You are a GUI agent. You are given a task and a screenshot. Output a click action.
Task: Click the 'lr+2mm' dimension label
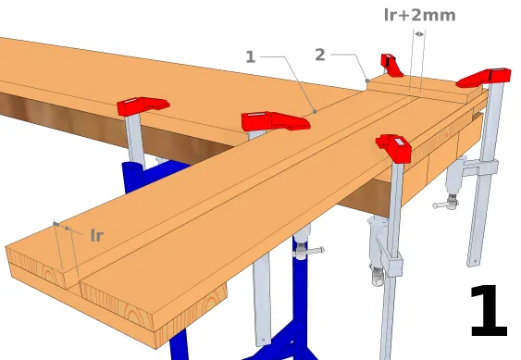pos(419,16)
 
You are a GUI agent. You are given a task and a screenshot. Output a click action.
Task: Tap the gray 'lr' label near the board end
pos(97,235)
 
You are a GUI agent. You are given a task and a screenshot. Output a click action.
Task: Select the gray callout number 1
pos(251,56)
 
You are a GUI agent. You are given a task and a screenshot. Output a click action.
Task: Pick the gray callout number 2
pos(319,55)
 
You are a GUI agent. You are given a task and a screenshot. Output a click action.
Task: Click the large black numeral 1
pos(489,310)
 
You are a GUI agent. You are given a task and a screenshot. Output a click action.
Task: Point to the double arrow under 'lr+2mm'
pos(419,33)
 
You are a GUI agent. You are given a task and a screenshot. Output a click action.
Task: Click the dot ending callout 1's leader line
pos(315,112)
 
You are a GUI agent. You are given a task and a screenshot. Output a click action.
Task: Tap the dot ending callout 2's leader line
pos(367,81)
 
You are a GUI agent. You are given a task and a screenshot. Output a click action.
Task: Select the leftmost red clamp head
pos(143,106)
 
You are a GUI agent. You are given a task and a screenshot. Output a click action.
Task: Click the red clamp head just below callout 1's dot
pos(275,121)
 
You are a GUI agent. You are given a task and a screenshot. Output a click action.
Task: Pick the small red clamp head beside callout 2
pos(391,65)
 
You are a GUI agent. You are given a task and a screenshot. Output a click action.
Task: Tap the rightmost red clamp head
pos(484,78)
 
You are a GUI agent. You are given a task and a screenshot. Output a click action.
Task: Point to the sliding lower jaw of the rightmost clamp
pos(478,167)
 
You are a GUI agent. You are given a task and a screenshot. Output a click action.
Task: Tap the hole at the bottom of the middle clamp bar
pos(264,340)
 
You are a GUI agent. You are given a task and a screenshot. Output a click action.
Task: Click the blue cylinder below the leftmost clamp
pos(134,176)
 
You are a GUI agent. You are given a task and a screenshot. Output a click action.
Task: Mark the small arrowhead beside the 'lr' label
pos(68,228)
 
